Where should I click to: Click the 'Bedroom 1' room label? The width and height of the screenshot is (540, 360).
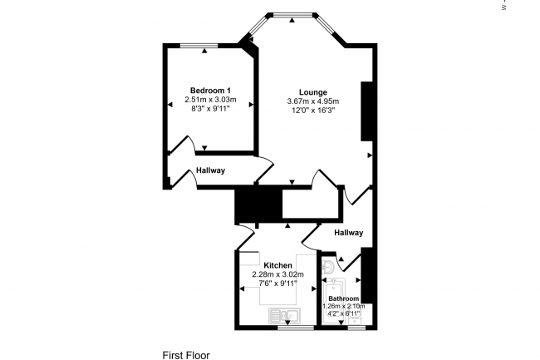[210, 90]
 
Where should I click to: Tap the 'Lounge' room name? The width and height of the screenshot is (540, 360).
[312, 92]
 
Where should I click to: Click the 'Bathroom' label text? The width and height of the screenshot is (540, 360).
[343, 298]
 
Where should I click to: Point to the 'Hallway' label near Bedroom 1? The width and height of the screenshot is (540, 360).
[210, 170]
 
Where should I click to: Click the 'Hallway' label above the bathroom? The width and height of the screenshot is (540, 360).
[348, 233]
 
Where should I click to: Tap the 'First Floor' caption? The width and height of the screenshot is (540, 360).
[186, 354]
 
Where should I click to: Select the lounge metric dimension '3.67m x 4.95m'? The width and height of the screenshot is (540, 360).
[312, 101]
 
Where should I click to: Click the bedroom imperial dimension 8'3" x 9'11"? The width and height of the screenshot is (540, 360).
[210, 108]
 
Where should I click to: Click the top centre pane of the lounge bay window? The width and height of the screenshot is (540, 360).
[292, 14]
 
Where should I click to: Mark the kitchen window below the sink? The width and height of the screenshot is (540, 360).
[294, 328]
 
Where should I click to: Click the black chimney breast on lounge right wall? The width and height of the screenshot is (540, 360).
[365, 111]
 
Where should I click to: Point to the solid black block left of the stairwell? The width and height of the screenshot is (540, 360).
[248, 205]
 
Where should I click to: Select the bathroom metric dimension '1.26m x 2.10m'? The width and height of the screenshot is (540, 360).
[343, 306]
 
